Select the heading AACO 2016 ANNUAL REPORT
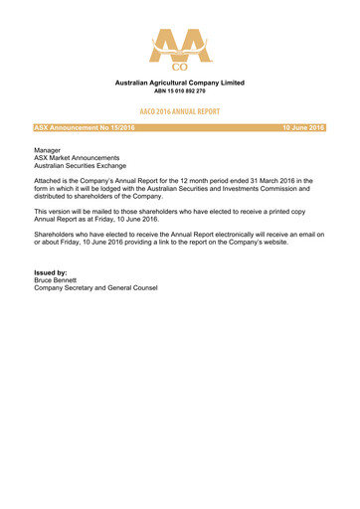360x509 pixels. [x=180, y=112]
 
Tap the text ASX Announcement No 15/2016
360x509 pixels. [x=85, y=128]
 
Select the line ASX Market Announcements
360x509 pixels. [x=78, y=157]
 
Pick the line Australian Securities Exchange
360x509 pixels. [x=83, y=166]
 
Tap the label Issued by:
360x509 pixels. [x=51, y=273]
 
